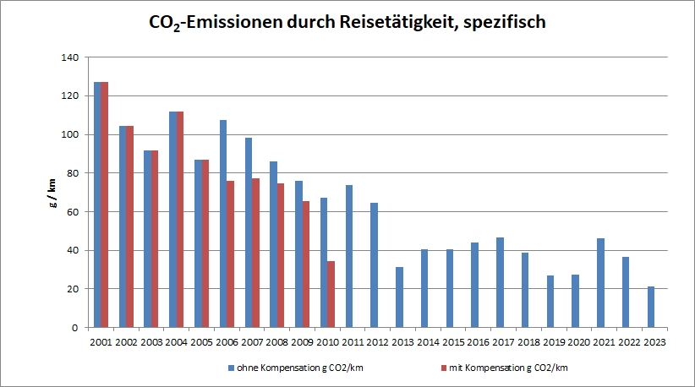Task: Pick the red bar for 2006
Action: [x=230, y=253]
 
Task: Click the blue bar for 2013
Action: [x=399, y=297]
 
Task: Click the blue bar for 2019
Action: [x=550, y=301]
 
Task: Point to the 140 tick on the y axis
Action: [x=68, y=57]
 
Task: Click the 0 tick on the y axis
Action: [x=74, y=328]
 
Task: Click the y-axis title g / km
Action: [x=52, y=193]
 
